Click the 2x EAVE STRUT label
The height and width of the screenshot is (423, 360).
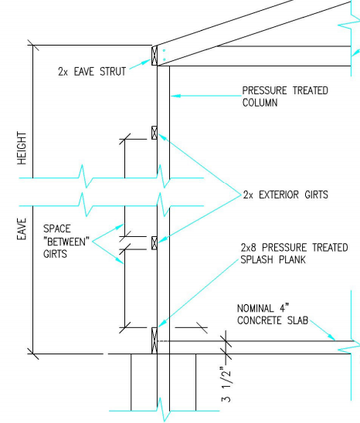point(92,72)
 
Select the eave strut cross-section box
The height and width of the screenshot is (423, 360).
point(155,56)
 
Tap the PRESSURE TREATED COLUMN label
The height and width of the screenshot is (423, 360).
point(285,96)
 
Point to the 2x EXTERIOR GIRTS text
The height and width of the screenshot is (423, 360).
point(286,195)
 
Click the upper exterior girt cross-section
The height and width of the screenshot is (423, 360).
point(155,133)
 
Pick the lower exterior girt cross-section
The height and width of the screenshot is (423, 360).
point(155,243)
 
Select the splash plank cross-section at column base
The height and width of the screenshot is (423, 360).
point(155,340)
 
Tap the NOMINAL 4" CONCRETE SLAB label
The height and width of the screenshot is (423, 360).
point(273,314)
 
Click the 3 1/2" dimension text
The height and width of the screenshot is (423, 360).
point(226,384)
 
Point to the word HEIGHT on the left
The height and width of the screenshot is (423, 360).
point(22,148)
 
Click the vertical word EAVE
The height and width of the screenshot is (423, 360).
point(22,228)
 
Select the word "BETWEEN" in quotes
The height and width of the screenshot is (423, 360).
point(66,242)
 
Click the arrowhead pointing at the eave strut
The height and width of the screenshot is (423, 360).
point(147,62)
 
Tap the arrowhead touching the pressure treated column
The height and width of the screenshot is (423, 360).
point(175,96)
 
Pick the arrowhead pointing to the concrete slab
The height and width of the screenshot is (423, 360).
point(331,337)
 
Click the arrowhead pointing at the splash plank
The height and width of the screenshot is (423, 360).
point(161,323)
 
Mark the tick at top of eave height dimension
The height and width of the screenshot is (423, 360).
point(33,45)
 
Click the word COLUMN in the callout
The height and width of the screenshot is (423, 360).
point(260,103)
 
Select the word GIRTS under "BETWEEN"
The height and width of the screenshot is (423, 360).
point(55,254)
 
